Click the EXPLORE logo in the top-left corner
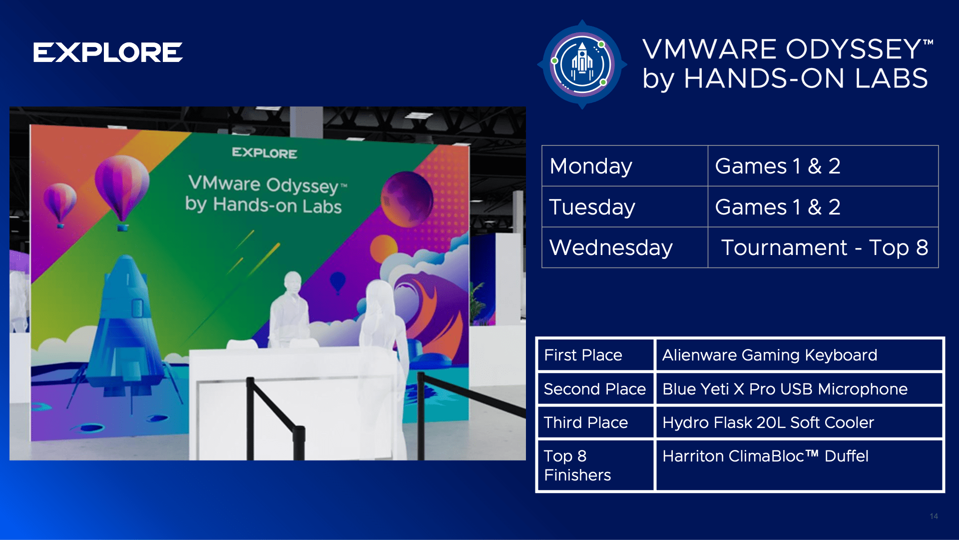tap(108, 52)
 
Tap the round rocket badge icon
tap(582, 64)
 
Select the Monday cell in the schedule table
tap(625, 166)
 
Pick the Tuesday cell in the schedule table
tap(625, 206)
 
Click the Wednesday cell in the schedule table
tap(625, 247)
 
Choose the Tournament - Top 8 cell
tap(823, 247)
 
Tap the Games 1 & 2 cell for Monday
tap(823, 166)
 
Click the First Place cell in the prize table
tap(595, 355)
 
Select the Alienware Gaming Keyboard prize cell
tap(799, 355)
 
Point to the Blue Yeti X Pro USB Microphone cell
tap(799, 389)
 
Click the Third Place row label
tap(595, 422)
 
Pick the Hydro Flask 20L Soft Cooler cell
tap(799, 422)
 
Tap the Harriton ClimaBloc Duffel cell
tap(799, 465)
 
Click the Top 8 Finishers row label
tap(595, 465)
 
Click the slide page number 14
tap(934, 516)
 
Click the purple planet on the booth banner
tap(407, 198)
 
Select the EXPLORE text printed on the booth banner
tap(265, 153)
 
